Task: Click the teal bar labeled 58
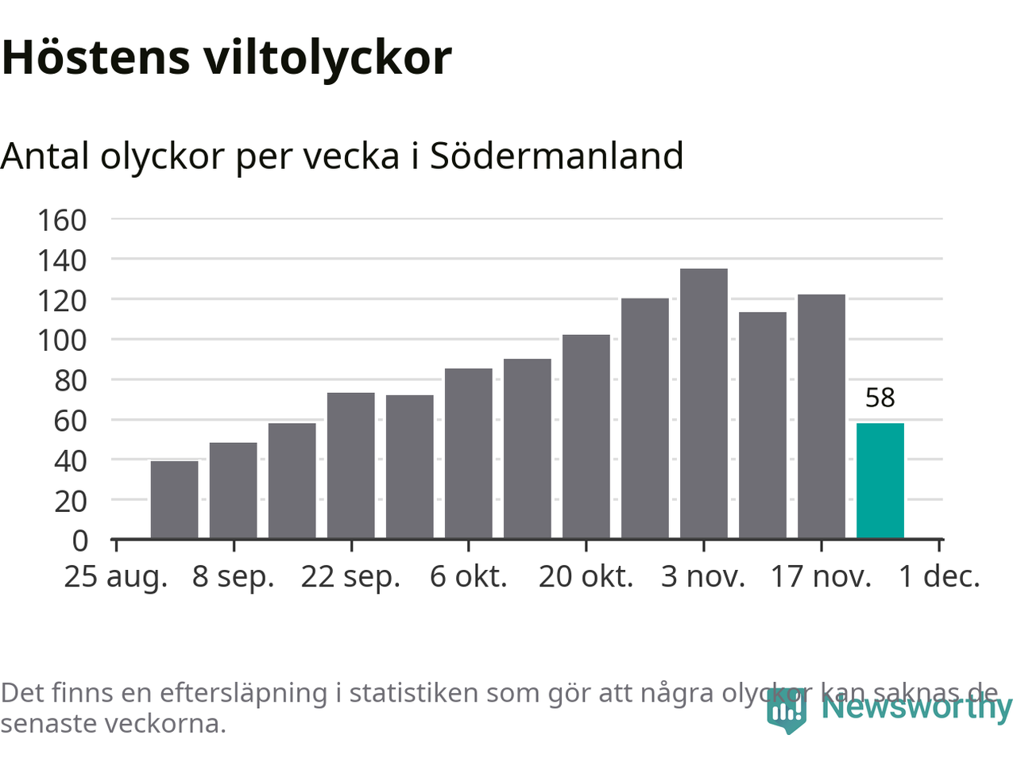(x=880, y=480)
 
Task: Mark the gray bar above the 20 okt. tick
(x=586, y=436)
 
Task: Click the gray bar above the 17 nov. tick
(x=821, y=416)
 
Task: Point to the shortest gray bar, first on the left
(x=174, y=499)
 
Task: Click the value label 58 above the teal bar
(x=880, y=398)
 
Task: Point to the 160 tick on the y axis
(x=62, y=220)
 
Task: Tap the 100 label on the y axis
(x=62, y=341)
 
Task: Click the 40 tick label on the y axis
(x=70, y=461)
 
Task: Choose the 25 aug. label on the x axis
(x=116, y=577)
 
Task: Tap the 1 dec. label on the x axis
(x=939, y=577)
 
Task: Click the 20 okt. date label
(x=586, y=577)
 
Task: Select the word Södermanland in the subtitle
(x=556, y=156)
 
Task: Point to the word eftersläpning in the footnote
(x=243, y=693)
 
